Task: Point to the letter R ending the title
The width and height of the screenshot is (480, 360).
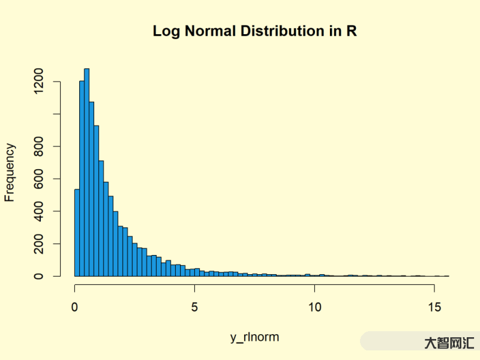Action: (x=352, y=31)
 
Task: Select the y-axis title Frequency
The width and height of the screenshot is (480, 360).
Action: (x=10, y=172)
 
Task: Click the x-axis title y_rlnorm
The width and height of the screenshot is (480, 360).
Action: (x=254, y=337)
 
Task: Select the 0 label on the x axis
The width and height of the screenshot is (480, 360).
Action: (x=75, y=307)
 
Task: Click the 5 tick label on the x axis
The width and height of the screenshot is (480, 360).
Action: (x=194, y=307)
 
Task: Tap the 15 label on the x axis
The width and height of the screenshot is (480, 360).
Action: (x=434, y=307)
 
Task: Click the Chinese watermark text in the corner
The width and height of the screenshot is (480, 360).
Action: (x=449, y=343)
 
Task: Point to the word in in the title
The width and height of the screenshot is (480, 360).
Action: (x=334, y=31)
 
